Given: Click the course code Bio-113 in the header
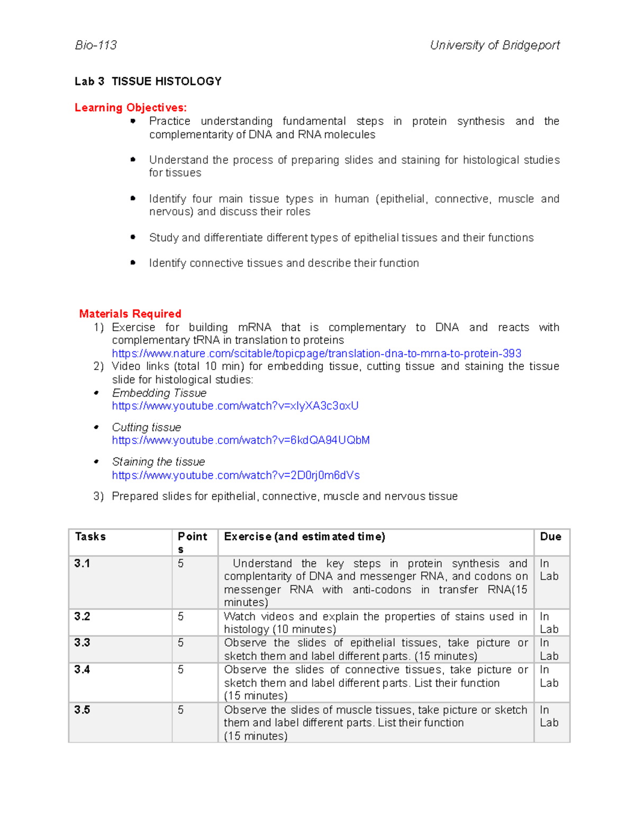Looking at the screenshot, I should pyautogui.click(x=96, y=46).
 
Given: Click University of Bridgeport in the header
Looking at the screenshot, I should pyautogui.click(x=494, y=46).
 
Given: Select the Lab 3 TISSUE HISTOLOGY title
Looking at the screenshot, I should pyautogui.click(x=148, y=82).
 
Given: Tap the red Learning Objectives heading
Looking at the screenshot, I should pyautogui.click(x=130, y=108).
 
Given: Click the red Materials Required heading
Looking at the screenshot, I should pyautogui.click(x=130, y=314).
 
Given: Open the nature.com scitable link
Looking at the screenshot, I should pyautogui.click(x=316, y=354).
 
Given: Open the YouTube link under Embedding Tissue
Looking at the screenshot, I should pyautogui.click(x=235, y=406).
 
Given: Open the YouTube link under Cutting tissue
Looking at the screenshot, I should pyautogui.click(x=241, y=440).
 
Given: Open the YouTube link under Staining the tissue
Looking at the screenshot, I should pyautogui.click(x=235, y=475).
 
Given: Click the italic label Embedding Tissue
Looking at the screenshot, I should pyautogui.click(x=159, y=393).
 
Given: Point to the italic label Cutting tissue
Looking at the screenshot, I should pyautogui.click(x=146, y=428).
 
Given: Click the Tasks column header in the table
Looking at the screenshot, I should pyautogui.click(x=90, y=537).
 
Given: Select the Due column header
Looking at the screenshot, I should pyautogui.click(x=550, y=537).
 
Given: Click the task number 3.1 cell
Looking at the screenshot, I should pyautogui.click(x=82, y=564).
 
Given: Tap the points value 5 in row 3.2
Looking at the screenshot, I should pyautogui.click(x=181, y=617).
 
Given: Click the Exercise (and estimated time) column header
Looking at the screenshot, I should pyautogui.click(x=304, y=537).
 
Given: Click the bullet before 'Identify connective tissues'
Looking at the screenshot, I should pyautogui.click(x=133, y=263).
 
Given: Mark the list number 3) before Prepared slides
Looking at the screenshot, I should pyautogui.click(x=98, y=496).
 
